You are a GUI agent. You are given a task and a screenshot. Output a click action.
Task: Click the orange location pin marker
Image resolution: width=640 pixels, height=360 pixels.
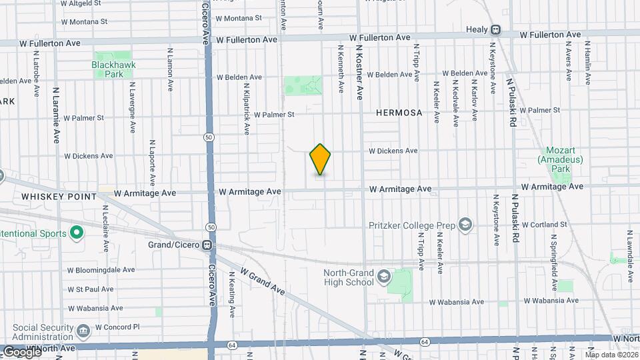pos(321,159)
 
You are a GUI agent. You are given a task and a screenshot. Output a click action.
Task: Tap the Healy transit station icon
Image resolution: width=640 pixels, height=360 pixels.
pos(496,29)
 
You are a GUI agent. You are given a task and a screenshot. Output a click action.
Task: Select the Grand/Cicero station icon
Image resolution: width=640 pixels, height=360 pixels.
pos(208,245)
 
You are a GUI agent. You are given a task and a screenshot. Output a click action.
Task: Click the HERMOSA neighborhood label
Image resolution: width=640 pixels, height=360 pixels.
pos(399,113)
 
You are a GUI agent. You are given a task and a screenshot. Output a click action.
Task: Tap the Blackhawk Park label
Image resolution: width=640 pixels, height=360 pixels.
pos(109,70)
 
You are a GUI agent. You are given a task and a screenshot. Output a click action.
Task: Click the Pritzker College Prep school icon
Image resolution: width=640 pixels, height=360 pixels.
pos(465,225)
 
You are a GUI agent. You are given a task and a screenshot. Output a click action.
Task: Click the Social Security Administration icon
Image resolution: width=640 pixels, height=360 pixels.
pos(83,331)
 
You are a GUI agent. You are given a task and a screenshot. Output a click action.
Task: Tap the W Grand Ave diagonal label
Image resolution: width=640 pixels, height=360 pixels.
pos(263,283)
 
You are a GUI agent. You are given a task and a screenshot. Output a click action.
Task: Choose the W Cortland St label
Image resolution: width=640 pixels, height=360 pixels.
pos(544,224)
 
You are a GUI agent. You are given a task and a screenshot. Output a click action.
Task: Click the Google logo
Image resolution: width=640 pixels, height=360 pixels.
pos(21,351)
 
